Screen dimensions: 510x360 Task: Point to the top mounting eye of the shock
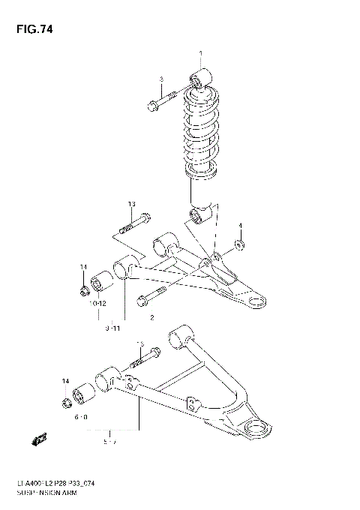point(201,76)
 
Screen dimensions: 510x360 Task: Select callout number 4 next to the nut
point(240,225)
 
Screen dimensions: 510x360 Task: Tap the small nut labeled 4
point(238,243)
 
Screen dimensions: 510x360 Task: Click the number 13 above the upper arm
point(131,204)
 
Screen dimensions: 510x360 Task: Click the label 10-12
point(98,303)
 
